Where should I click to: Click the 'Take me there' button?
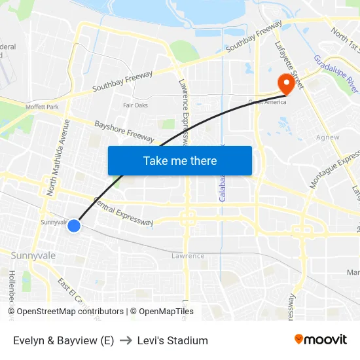tap(180, 161)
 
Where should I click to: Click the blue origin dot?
tap(74, 226)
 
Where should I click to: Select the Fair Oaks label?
tap(136, 105)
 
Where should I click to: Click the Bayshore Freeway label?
tap(124, 131)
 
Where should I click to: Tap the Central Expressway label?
tap(124, 213)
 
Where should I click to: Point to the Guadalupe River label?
tap(336, 77)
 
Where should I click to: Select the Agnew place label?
tap(327, 137)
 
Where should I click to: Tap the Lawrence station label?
tap(188, 256)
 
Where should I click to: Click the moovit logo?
tap(321, 339)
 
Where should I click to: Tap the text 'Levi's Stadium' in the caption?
tap(172, 340)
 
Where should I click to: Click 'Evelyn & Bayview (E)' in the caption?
tap(63, 340)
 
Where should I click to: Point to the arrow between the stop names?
tap(125, 340)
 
